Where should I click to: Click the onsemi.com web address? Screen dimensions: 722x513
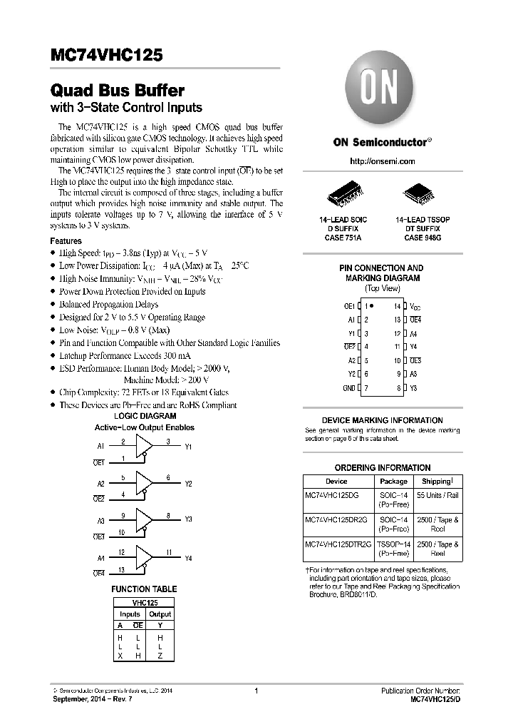(382, 162)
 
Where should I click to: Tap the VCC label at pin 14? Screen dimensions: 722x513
(415, 306)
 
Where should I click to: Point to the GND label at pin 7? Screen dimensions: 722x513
(348, 388)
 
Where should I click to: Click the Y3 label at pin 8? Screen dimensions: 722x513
(413, 388)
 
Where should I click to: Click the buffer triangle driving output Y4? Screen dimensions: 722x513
(144, 556)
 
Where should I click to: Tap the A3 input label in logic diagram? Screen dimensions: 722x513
(100, 519)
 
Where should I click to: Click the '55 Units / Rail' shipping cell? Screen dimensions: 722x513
(438, 494)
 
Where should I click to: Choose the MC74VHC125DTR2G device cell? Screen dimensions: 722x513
(338, 544)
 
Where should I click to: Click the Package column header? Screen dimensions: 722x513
(393, 482)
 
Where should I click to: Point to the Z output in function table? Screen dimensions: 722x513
(160, 656)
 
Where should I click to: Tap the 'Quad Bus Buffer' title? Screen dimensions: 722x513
(118, 91)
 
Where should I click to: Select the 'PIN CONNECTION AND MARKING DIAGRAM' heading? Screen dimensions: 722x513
(381, 273)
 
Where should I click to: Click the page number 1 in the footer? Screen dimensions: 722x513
(256, 691)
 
